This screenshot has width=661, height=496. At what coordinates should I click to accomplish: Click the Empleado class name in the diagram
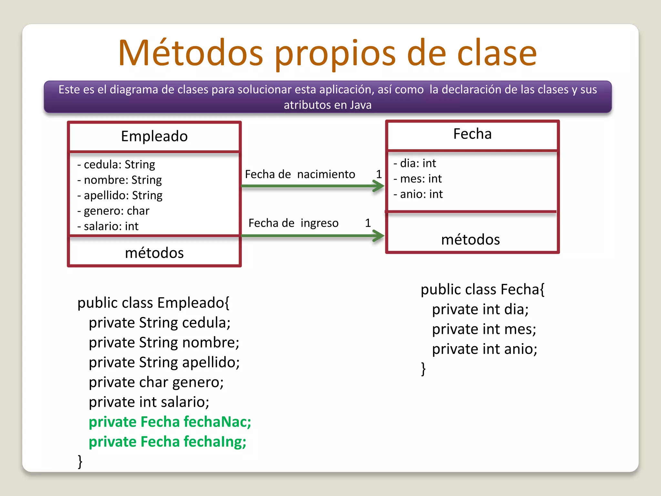[154, 136]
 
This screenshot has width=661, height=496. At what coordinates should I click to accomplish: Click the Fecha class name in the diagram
[472, 134]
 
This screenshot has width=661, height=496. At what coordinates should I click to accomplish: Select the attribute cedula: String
[116, 164]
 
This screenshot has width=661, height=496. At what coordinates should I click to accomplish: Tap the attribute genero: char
[113, 211]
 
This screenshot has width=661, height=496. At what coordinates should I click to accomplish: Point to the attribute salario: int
[108, 226]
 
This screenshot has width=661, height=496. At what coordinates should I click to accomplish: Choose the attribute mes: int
[418, 179]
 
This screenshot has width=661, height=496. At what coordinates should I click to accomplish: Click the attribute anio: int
[418, 194]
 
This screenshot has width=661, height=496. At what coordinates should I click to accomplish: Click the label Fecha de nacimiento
[300, 174]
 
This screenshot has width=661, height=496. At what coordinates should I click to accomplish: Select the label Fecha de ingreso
[293, 223]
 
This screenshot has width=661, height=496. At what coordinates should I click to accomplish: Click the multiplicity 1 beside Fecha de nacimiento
[379, 174]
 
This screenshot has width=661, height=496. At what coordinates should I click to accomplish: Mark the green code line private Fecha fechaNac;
[170, 422]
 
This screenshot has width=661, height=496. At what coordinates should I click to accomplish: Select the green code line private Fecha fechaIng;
[167, 442]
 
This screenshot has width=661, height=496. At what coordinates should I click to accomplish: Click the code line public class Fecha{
[483, 289]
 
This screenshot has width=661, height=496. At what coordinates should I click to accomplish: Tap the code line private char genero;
[156, 382]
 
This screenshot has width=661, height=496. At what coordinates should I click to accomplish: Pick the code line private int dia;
[480, 309]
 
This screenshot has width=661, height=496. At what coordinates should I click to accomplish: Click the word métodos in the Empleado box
[154, 253]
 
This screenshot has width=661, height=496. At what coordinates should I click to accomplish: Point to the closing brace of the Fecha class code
[423, 369]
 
